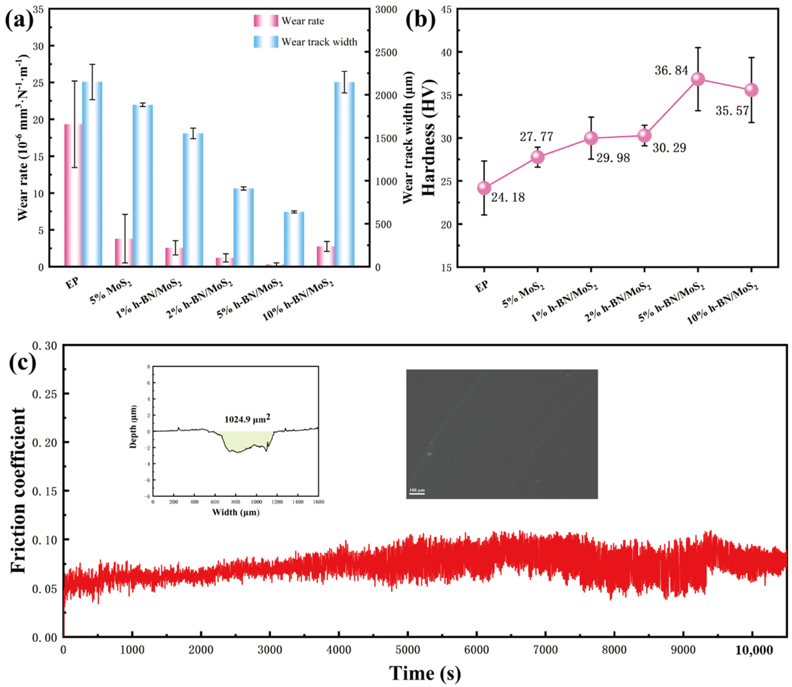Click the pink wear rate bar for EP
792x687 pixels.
(73, 195)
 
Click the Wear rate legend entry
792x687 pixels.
(288, 21)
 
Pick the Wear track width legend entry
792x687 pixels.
(305, 42)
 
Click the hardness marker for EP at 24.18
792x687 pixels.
(484, 188)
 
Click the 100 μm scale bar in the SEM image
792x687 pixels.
(417, 493)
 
